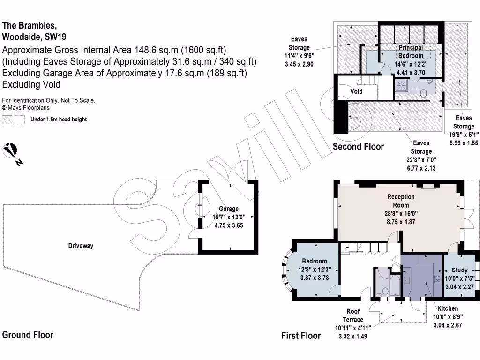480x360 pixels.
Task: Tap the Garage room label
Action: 229,209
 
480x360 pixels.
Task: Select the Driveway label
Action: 81,246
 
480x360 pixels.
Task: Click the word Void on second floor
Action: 357,91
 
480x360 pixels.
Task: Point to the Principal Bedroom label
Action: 411,52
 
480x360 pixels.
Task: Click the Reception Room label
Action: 401,201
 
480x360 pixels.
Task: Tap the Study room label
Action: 459,270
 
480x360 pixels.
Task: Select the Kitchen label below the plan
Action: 448,308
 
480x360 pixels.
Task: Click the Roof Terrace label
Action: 353,315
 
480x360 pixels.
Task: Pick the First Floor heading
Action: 301,335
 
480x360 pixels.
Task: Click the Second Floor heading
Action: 358,146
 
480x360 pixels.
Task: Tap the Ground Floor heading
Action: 28,335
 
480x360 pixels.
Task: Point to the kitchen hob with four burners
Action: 437,279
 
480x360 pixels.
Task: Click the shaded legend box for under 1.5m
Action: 7,120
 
